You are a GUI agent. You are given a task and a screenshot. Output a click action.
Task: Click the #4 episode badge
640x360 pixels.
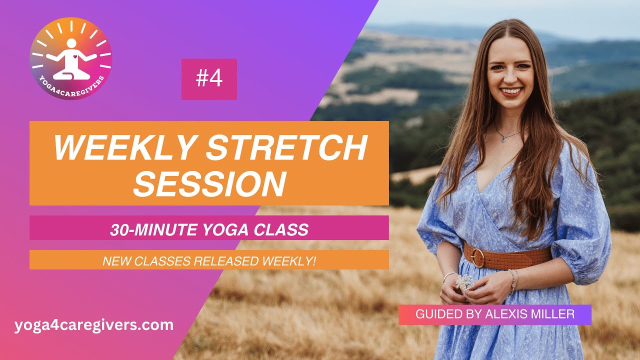209,79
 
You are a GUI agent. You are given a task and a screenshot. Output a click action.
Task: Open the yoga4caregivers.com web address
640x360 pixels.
94,325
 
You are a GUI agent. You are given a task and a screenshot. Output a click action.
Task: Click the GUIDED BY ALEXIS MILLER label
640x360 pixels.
495,314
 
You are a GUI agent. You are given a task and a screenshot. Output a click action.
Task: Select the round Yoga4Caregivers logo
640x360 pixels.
71,58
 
